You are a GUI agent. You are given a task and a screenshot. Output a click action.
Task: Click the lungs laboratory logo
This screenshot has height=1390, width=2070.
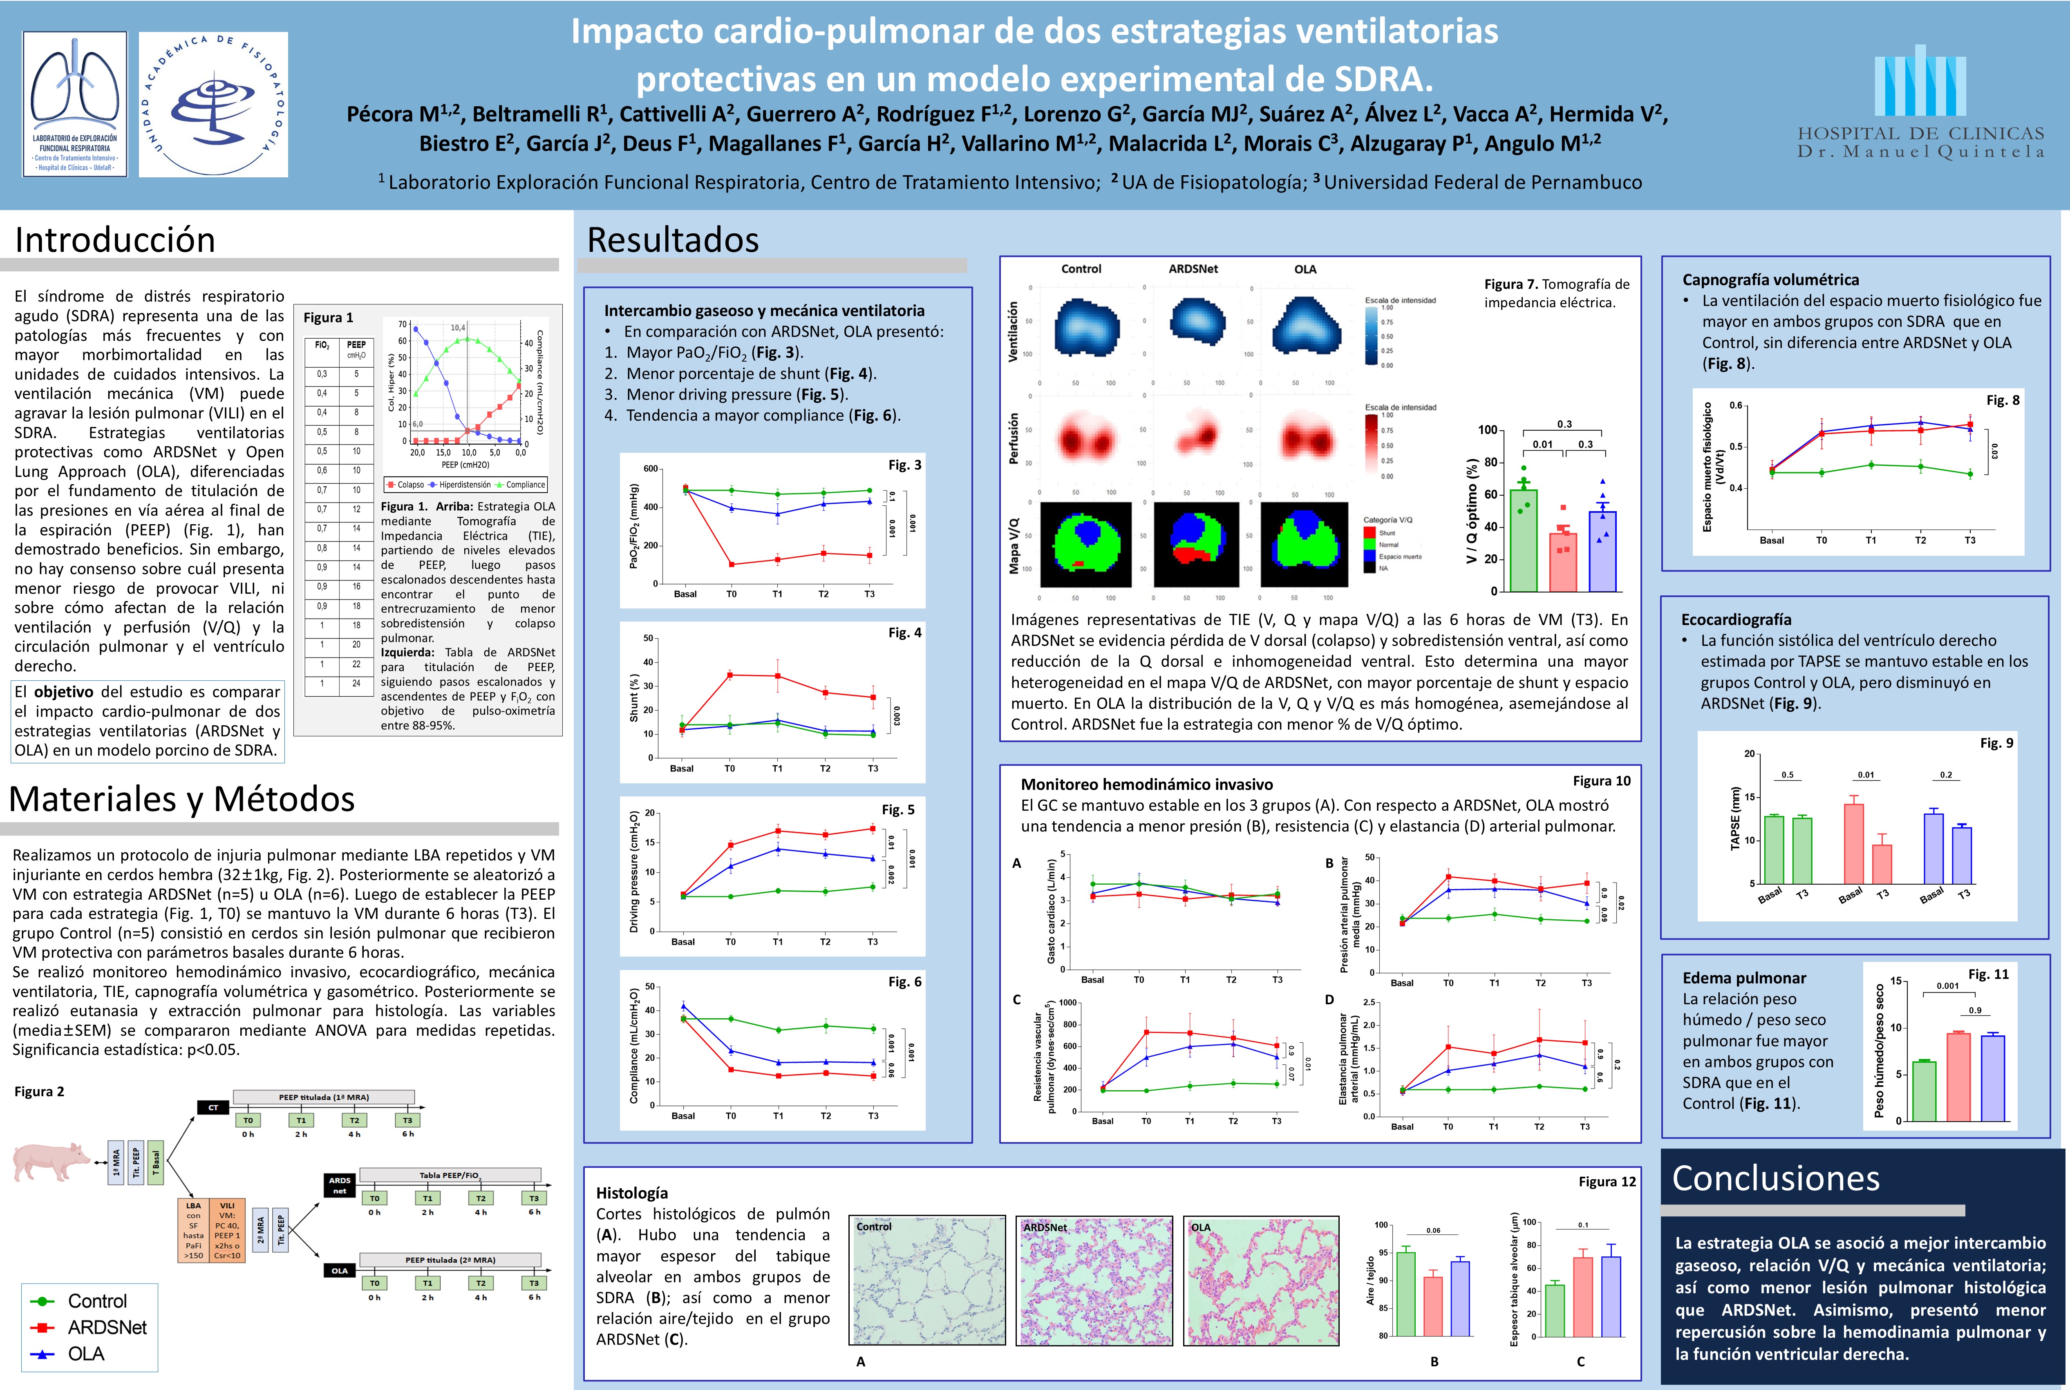[75, 104]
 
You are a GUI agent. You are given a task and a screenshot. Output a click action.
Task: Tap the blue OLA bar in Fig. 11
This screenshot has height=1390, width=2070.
[1993, 1078]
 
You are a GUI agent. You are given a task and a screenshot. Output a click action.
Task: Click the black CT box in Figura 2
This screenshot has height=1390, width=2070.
[213, 1107]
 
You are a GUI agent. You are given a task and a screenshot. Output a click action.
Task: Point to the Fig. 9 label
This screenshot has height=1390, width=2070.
[1996, 743]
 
